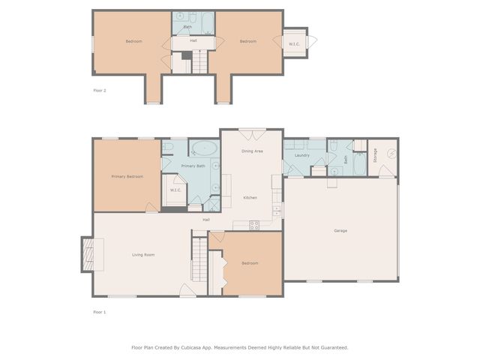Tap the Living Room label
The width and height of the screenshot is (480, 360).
143,255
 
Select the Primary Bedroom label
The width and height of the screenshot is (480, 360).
127,176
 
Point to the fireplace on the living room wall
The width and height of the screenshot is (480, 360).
88,253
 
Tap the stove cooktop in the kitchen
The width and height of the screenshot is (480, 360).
254,223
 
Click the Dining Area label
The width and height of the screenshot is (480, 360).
252,151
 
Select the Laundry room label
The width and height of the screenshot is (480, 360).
302,155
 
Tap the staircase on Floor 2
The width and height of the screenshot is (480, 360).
200,61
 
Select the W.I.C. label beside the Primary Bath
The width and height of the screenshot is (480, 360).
175,190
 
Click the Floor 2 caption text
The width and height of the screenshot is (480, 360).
100,91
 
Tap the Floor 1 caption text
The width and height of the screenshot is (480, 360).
100,311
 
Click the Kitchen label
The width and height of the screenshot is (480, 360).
250,197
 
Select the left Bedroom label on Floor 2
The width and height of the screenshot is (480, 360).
133,41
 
